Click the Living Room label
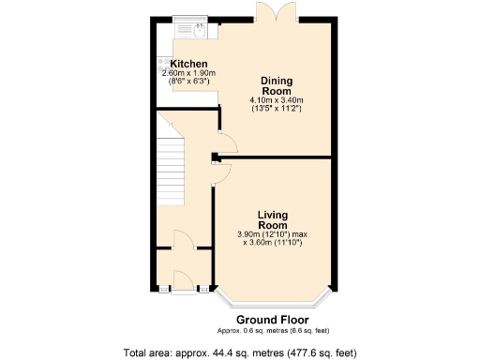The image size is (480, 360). pyautogui.click(x=273, y=219)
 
